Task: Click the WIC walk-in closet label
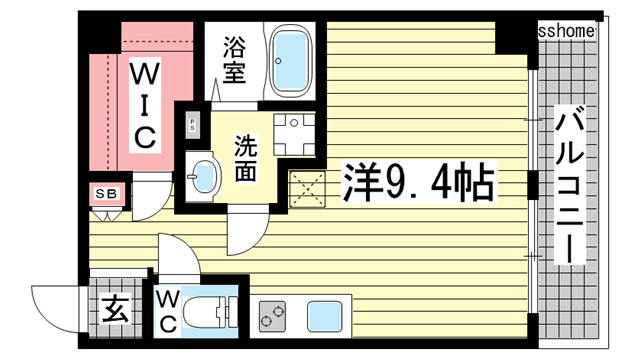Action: point(145,103)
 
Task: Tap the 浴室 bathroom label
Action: point(235,59)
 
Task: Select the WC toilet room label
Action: point(167,310)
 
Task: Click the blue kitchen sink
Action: point(326,317)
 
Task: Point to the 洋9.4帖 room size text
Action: point(419,184)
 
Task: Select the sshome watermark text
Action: point(566,31)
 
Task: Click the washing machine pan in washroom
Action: point(294,133)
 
